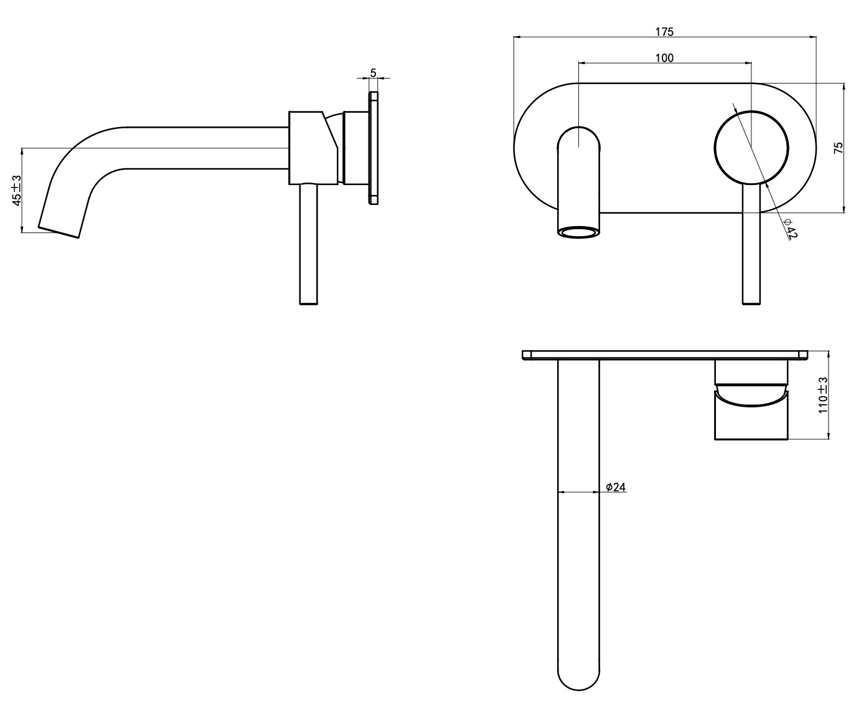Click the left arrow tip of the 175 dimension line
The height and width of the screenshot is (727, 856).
point(514,37)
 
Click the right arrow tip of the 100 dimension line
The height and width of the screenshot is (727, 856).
point(751,63)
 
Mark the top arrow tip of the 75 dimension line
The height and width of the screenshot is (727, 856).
point(844,83)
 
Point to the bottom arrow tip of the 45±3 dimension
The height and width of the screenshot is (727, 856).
point(22,232)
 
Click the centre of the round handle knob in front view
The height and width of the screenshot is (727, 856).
point(751,148)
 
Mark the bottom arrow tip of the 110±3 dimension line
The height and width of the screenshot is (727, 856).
point(829,439)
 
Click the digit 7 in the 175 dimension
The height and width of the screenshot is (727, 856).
point(664,32)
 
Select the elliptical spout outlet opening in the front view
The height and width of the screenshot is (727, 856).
point(579,232)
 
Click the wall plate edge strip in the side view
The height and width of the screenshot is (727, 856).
point(373,148)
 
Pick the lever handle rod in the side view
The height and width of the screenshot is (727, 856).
point(309,244)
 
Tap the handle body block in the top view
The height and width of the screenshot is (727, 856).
point(751,415)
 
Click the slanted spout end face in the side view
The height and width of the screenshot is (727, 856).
point(59,232)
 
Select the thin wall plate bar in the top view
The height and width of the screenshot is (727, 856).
point(665,355)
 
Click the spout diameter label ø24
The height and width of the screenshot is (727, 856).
point(616,487)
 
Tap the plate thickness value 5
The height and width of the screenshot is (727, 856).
point(373,73)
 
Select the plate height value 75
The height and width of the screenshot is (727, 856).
point(838,148)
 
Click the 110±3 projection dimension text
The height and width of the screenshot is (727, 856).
point(822,395)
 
